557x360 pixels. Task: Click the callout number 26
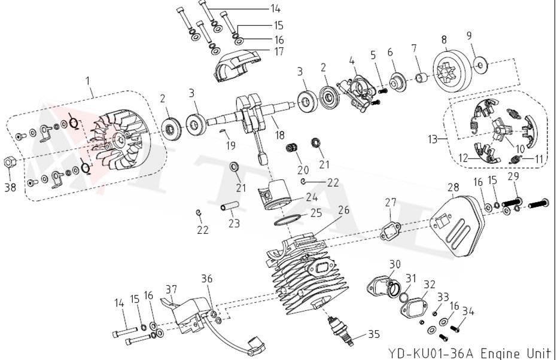343,210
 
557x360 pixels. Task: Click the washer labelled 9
481,63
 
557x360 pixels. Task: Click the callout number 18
279,135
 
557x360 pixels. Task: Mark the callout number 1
90,79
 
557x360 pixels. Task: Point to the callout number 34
468,310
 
